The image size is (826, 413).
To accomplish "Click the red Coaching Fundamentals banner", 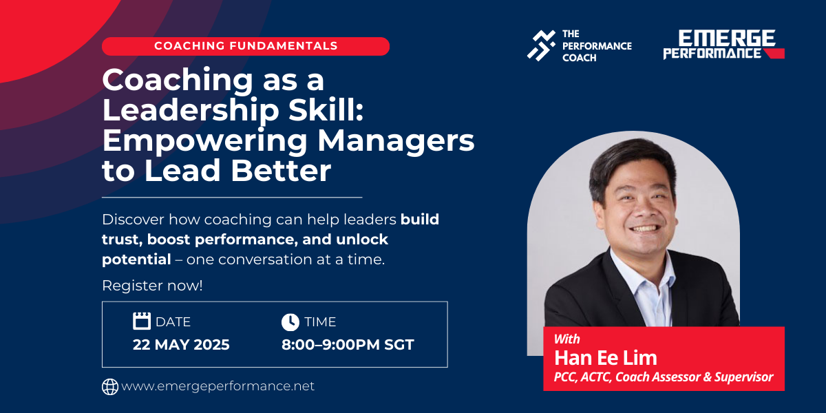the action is click(246, 46).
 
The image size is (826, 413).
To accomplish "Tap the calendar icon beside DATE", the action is click(142, 321).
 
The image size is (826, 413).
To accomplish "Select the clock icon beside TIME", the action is click(290, 322).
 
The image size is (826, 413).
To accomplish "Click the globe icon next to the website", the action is click(110, 387).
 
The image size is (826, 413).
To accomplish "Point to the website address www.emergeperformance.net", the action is click(218, 386).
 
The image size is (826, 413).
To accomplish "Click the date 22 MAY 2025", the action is click(181, 344).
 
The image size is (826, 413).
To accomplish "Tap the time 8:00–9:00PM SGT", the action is click(348, 344).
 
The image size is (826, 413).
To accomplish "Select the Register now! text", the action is click(152, 286).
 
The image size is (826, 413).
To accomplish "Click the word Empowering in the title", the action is click(204, 141).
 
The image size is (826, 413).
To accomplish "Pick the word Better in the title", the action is click(281, 171).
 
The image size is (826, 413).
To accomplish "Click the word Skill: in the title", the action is click(326, 110).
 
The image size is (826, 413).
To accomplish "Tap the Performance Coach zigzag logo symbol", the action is click(541, 45).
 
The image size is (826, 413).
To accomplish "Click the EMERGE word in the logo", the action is click(726, 39).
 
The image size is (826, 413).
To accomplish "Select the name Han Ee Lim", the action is click(606, 358).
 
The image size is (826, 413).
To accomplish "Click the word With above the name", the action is click(566, 339).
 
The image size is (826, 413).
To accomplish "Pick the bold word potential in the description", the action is click(136, 260).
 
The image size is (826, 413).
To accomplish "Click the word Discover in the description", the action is click(133, 220).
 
